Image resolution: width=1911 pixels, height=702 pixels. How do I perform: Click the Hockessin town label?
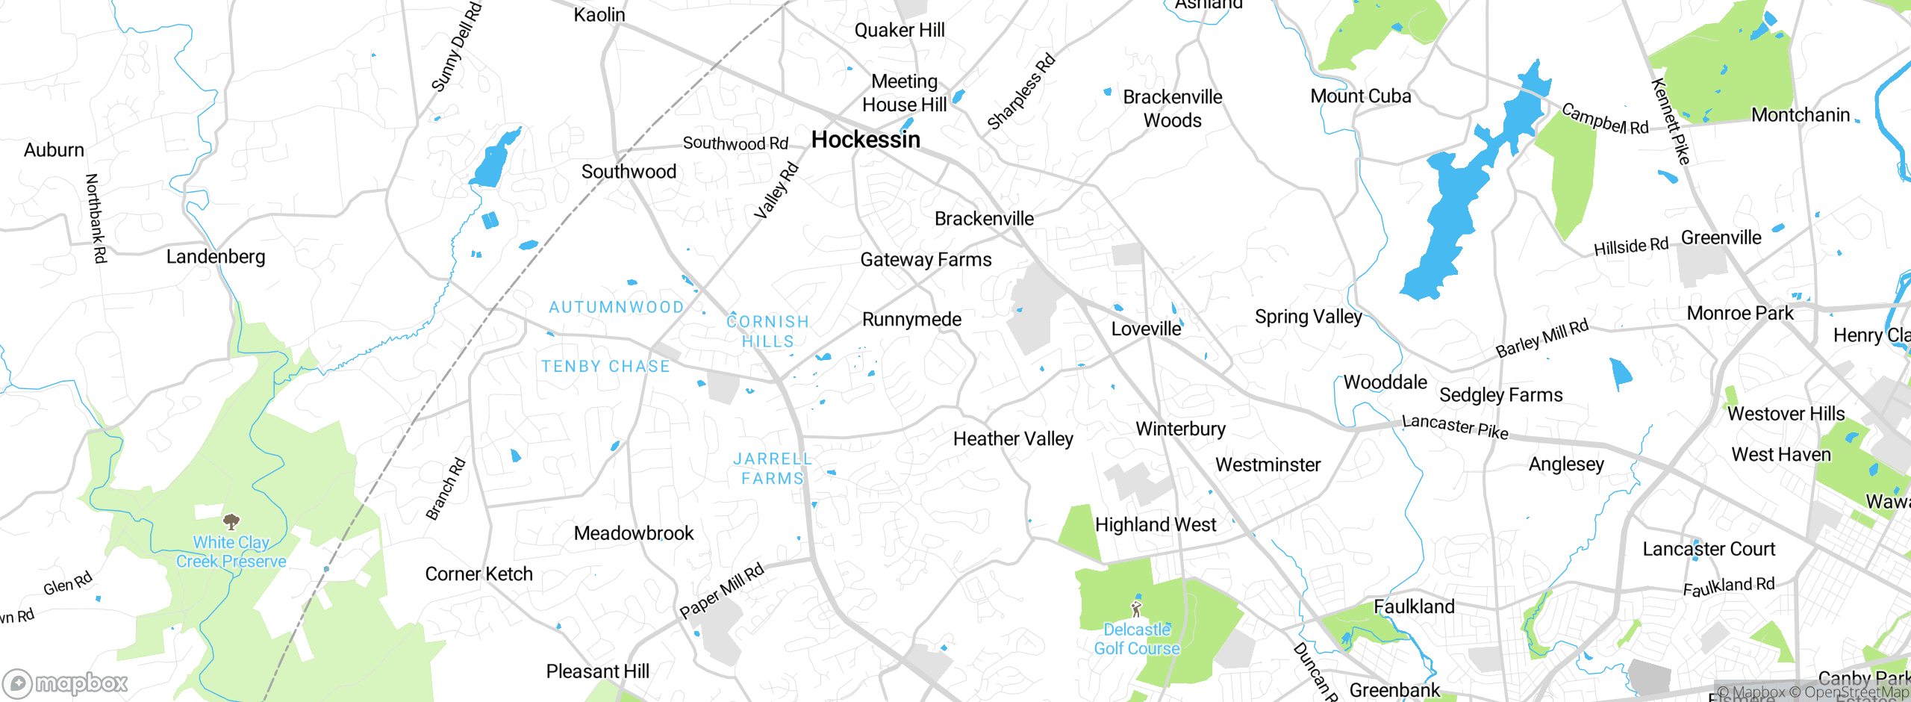click(x=866, y=140)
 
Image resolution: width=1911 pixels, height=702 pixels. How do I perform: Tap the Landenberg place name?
click(x=216, y=257)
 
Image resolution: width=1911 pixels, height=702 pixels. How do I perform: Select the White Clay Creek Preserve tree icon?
click(x=231, y=521)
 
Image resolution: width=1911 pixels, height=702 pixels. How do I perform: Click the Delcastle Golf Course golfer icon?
click(x=1136, y=609)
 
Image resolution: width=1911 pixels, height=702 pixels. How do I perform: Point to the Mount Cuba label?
click(x=1361, y=96)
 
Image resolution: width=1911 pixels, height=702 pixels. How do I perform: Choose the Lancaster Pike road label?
click(x=1455, y=427)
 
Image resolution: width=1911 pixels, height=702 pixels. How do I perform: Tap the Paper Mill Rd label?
click(x=722, y=591)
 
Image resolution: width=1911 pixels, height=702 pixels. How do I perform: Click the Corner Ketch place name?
click(x=479, y=574)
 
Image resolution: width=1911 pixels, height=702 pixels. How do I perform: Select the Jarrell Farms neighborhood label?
click(x=773, y=468)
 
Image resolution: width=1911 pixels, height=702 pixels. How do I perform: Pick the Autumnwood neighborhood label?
click(x=617, y=307)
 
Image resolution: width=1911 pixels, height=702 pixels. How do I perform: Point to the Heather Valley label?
click(x=1013, y=439)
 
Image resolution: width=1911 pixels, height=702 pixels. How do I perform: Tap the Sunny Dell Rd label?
click(x=457, y=46)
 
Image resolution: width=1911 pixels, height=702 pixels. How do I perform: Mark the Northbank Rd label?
click(x=96, y=218)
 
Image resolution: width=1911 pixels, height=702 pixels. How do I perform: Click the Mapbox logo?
click(x=66, y=683)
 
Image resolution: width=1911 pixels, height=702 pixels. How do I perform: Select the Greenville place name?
click(x=1721, y=237)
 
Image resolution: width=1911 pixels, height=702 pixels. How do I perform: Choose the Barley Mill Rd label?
click(x=1542, y=338)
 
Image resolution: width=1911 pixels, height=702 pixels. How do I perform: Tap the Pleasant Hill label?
click(x=598, y=671)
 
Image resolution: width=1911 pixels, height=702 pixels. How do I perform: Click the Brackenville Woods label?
click(x=1173, y=108)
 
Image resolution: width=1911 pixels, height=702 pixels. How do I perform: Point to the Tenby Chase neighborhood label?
click(x=606, y=367)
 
